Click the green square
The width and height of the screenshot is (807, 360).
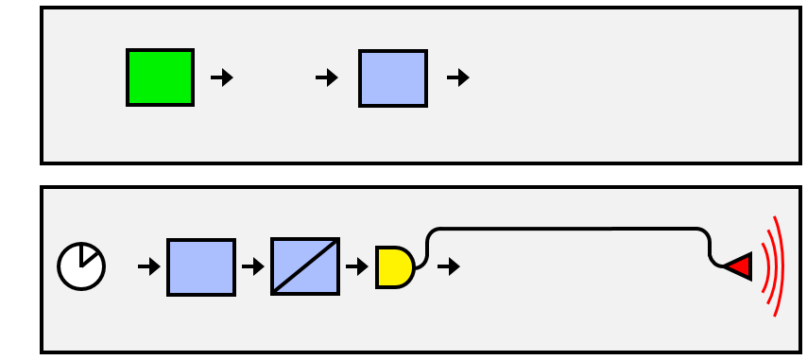(x=161, y=77)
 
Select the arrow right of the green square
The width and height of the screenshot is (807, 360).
(x=222, y=77)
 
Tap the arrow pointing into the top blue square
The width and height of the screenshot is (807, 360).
(x=327, y=77)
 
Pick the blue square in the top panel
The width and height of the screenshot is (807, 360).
(x=393, y=77)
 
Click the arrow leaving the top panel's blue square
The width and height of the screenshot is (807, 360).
(x=458, y=77)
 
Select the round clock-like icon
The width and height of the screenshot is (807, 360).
(x=81, y=266)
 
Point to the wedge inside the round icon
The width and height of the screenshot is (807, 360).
(x=88, y=256)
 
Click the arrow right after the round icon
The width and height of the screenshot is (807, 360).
(x=149, y=266)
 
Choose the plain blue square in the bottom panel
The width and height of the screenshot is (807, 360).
(x=201, y=267)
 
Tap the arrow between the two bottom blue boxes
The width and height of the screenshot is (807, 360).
(x=253, y=266)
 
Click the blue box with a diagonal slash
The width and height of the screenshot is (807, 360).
(x=305, y=267)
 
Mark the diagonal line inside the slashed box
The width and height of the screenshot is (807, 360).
(x=305, y=266)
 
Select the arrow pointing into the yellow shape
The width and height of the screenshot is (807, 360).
(x=357, y=266)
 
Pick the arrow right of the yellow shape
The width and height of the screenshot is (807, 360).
(x=449, y=266)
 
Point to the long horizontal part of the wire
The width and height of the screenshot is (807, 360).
(x=567, y=230)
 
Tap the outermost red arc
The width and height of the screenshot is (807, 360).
(x=780, y=266)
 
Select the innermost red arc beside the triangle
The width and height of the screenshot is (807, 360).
(x=762, y=266)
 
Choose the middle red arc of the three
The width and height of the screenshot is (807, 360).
(x=771, y=266)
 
